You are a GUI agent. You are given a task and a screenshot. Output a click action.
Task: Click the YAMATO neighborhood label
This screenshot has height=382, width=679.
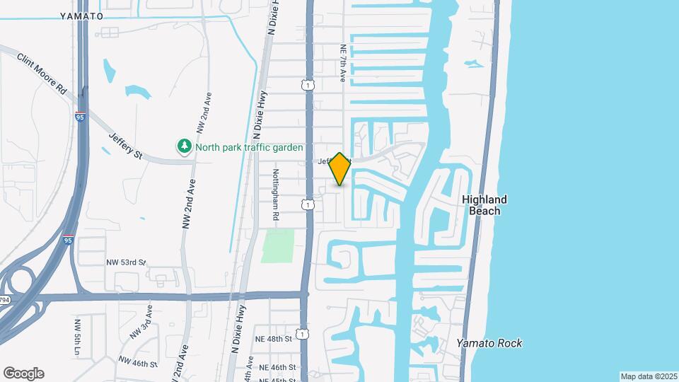[81, 16]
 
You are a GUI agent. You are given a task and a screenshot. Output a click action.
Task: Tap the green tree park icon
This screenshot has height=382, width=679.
[184, 146]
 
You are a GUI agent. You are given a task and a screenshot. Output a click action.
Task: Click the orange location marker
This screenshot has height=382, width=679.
[339, 168]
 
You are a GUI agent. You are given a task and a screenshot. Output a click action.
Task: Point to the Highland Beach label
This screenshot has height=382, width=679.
[484, 205]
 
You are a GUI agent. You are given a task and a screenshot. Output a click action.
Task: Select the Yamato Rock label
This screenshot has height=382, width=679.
[489, 343]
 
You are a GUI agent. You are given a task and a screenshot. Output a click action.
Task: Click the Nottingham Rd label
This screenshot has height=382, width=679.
[277, 195]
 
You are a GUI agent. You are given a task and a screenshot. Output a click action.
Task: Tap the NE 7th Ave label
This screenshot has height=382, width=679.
[342, 63]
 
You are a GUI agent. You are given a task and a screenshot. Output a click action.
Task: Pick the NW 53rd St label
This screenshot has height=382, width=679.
[126, 262]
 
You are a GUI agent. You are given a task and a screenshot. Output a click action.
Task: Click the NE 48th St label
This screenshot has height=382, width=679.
[275, 340]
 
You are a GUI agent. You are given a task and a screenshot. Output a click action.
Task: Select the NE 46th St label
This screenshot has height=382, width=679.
[277, 367]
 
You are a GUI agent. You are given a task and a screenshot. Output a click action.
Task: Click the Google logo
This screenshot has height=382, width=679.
[23, 373]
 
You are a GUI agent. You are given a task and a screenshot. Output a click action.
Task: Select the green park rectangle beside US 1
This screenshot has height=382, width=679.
[277, 245]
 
